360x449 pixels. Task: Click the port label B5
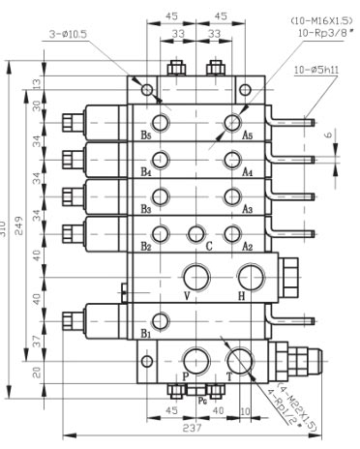pos(146,135)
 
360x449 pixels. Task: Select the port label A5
pos(248,135)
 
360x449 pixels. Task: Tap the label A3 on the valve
pos(247,209)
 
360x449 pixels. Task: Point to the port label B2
pos(146,246)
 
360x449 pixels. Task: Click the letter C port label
pos(208,246)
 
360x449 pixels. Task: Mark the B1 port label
pos(146,332)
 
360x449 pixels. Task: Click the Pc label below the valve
pos(201,397)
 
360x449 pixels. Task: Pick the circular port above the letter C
pos(197,232)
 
